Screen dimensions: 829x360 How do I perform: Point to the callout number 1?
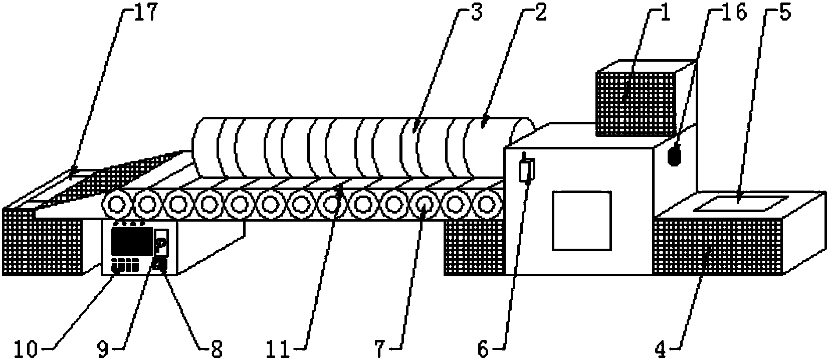(665, 12)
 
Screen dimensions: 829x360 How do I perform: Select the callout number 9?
(103, 348)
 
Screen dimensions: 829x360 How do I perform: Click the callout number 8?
(217, 348)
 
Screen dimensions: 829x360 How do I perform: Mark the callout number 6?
(482, 348)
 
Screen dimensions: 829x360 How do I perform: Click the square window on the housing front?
(582, 221)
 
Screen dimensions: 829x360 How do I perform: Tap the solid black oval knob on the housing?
(675, 155)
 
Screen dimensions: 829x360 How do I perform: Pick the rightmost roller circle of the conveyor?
(486, 205)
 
